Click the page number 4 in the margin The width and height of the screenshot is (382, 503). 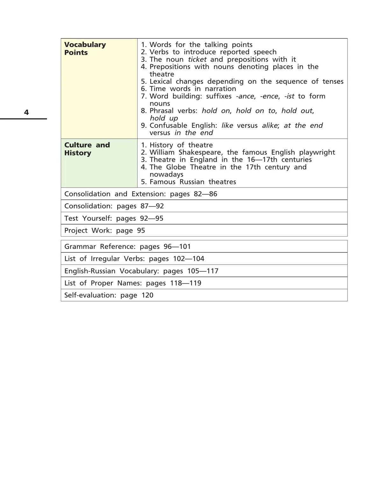click(x=26, y=112)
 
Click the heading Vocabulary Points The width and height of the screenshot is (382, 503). click(x=85, y=49)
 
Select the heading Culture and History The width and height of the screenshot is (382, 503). click(x=87, y=149)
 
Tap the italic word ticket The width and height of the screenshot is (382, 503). click(x=197, y=59)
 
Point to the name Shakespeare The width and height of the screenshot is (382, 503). click(x=200, y=152)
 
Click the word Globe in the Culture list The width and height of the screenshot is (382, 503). click(x=176, y=167)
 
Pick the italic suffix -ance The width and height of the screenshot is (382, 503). click(x=245, y=96)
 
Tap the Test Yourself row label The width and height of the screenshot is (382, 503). click(x=88, y=218)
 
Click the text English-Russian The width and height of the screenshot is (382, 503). click(x=90, y=271)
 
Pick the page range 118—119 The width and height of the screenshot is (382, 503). click(x=186, y=283)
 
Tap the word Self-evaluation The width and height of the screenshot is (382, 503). click(x=90, y=295)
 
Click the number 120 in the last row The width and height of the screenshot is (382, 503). click(x=147, y=295)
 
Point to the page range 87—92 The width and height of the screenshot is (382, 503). click(x=152, y=206)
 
